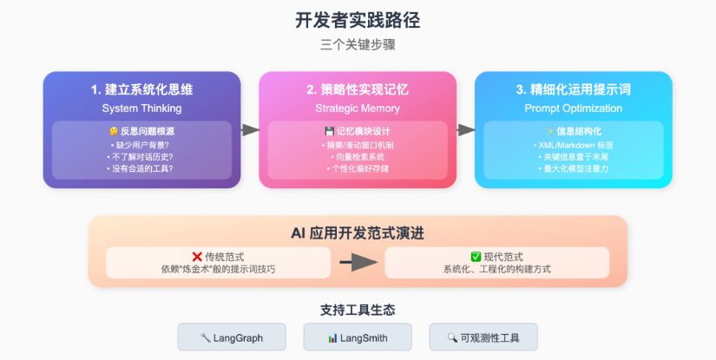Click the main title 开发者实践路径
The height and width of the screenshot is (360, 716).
[358, 21]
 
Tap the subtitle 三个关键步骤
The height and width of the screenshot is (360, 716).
[358, 45]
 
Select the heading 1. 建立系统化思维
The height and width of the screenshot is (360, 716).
[141, 89]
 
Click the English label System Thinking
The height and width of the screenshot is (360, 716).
[141, 108]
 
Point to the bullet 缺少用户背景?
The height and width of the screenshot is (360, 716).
[141, 145]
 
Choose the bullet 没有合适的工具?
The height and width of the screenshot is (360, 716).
[141, 168]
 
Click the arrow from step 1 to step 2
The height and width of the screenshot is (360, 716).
[250, 130]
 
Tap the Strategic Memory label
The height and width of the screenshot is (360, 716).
[358, 108]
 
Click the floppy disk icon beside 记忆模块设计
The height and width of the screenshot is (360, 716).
[329, 131]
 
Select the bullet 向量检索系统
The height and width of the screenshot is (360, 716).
[358, 157]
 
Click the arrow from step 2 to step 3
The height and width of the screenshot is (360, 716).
[466, 130]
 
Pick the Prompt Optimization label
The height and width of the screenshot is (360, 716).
[573, 108]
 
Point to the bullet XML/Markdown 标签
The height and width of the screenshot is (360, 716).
[573, 145]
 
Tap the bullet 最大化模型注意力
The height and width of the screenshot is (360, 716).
[573, 168]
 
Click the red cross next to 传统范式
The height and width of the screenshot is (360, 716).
[197, 257]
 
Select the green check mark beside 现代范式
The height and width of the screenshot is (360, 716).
[476, 257]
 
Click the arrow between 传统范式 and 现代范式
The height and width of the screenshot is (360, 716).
[358, 262]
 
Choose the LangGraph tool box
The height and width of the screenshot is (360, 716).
[232, 337]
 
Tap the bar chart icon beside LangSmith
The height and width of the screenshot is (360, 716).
[332, 338]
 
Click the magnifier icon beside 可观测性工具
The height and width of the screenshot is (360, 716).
[452, 337]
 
